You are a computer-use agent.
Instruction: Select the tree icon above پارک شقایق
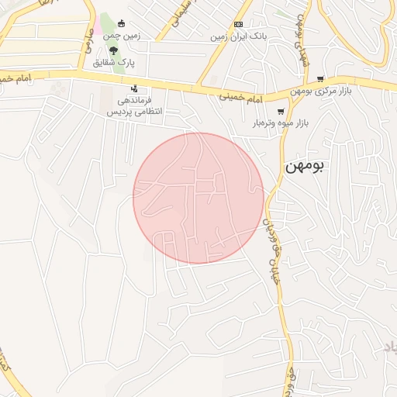(115, 50)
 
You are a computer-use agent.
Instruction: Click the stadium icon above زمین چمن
(121, 23)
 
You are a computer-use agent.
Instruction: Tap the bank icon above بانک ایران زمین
(238, 24)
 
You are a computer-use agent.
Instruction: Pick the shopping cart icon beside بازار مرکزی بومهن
(321, 79)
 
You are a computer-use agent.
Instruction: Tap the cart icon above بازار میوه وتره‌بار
(280, 111)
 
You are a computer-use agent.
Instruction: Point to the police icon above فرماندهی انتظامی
(136, 88)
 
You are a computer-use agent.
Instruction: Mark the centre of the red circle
(198, 198)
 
